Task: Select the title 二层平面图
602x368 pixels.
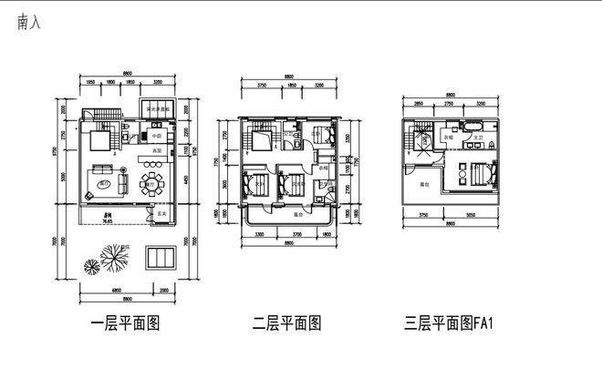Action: click(287, 324)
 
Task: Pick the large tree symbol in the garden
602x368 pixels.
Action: click(114, 259)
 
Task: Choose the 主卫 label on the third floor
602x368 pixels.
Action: click(477, 138)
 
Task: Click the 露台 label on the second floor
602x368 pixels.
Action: click(297, 215)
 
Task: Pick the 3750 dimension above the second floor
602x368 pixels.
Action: click(261, 86)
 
